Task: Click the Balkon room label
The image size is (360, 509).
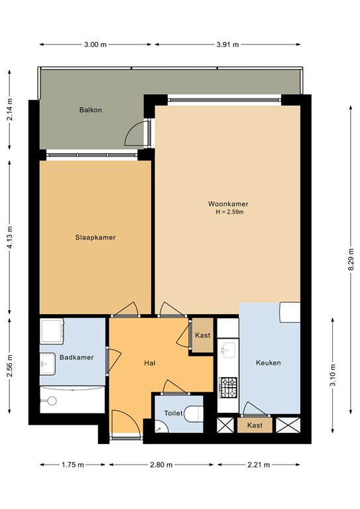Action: [91, 110]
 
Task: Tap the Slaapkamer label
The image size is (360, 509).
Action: [95, 238]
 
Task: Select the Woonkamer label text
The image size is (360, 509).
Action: [228, 204]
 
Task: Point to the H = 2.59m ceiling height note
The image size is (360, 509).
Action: [230, 212]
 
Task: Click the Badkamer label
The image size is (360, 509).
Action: [77, 357]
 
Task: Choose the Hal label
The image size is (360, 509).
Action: [150, 363]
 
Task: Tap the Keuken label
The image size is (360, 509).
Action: [269, 363]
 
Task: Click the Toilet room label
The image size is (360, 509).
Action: [173, 414]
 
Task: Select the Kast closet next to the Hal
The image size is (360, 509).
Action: [203, 335]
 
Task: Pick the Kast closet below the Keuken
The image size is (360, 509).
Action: [255, 425]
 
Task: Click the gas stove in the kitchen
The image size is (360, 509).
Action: [228, 387]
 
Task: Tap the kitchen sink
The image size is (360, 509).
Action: [228, 350]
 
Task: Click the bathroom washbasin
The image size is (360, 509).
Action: [48, 364]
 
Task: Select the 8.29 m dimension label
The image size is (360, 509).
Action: [351, 260]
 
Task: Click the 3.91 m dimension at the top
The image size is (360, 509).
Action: [227, 44]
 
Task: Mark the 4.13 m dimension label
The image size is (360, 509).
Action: [9, 237]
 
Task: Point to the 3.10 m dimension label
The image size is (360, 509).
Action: [333, 375]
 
